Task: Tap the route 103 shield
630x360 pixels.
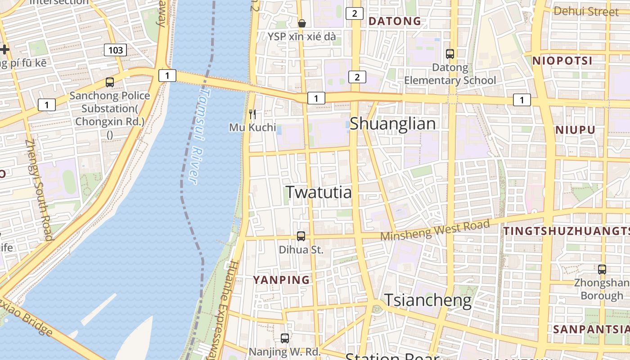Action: coord(115,50)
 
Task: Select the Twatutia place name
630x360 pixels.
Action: coord(319,192)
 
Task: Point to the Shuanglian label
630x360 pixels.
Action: coord(392,124)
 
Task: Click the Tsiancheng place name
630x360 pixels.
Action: coord(427,300)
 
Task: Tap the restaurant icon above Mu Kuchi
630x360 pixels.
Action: coord(252,114)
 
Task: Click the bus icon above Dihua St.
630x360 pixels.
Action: coord(301,236)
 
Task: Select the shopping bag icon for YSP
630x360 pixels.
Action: coord(302,23)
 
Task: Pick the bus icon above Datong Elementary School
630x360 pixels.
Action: coord(450,54)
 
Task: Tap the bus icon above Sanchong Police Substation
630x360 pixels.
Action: coord(109,82)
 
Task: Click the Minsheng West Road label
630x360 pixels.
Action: coord(435,230)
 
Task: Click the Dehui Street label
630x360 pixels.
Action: coord(586,11)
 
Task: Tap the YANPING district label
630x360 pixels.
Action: coord(281,280)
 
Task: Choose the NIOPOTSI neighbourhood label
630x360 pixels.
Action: coord(562,61)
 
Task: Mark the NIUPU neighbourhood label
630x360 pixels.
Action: coord(575,130)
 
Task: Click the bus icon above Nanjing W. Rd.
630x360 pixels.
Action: coord(284,338)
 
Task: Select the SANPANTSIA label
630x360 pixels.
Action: coord(591,329)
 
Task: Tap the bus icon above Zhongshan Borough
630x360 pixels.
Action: coord(602,270)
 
